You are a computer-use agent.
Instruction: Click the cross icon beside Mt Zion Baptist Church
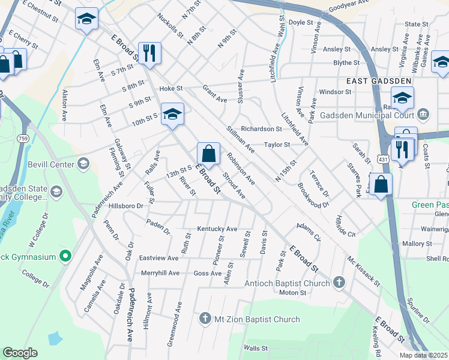click(x=205, y=319)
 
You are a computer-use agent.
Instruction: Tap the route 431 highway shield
click(x=382, y=157)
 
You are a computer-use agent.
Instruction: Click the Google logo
click(x=20, y=353)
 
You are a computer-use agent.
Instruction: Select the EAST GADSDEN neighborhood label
click(x=378, y=81)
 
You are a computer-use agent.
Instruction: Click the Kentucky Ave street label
click(x=217, y=229)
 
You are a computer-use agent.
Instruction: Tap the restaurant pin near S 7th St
click(x=148, y=53)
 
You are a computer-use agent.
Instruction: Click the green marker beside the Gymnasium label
click(x=67, y=257)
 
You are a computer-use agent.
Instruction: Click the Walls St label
click(x=255, y=347)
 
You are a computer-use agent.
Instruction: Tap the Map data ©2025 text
click(x=423, y=355)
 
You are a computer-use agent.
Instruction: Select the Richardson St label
click(x=261, y=128)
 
